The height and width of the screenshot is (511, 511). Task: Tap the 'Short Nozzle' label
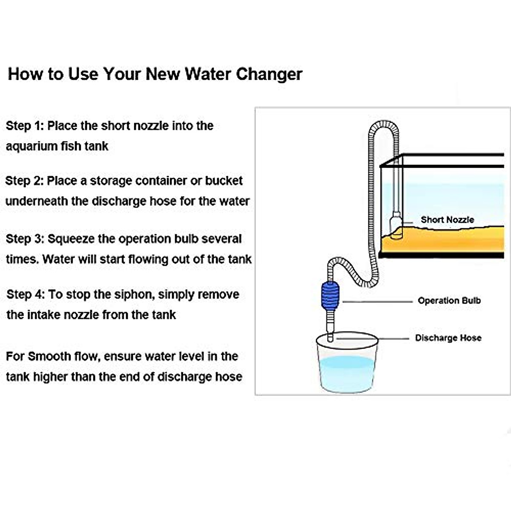pos(448,220)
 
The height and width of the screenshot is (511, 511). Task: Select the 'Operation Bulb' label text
pos(449,301)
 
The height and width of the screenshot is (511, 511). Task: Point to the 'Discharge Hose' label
pos(448,338)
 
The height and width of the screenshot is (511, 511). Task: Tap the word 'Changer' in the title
pos(269,74)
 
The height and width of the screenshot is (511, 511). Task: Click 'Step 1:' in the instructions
pos(25,126)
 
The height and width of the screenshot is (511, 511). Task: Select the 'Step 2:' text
pos(24,181)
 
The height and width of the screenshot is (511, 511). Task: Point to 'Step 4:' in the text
pos(26,294)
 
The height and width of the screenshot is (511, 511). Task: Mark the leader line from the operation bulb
pos(378,301)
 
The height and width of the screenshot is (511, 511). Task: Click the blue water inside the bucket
pos(347,373)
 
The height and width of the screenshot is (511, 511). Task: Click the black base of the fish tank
pos(441,255)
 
